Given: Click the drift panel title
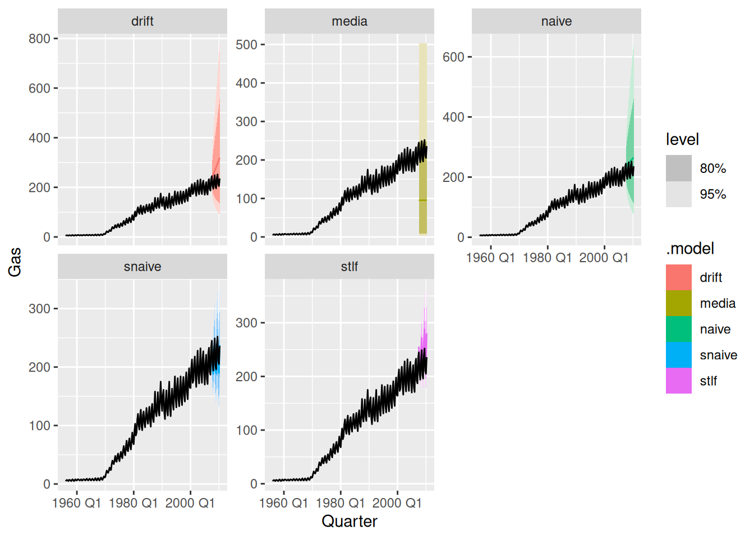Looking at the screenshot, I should (142, 21).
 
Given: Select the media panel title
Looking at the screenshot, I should (349, 21).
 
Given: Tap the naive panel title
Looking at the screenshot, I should (556, 21).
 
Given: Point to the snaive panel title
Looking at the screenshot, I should (142, 267).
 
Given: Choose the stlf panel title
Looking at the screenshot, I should (349, 267).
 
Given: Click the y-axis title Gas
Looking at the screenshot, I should (15, 262).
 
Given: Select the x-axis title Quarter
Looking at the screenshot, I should (349, 521).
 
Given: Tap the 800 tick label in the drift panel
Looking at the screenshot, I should (39, 39).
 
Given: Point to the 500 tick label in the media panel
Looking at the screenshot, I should (246, 44).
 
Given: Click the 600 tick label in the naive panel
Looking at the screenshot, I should (453, 57).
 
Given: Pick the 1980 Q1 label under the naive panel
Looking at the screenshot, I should (547, 258).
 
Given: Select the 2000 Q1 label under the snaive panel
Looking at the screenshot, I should (190, 503).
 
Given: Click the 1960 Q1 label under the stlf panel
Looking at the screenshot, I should (283, 503).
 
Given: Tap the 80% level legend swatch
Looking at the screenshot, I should (678, 168).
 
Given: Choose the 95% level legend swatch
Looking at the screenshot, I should (678, 194).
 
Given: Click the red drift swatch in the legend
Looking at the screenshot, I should (678, 277).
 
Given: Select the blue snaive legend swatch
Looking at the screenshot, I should (678, 355).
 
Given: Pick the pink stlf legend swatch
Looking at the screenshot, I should (678, 381).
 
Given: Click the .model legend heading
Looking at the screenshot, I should (689, 249).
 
